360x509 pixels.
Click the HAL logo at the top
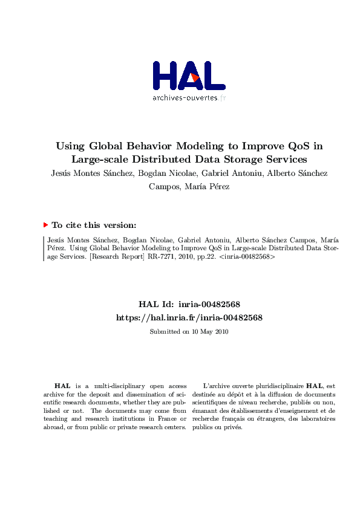189,76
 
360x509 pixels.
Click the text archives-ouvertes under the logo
185,97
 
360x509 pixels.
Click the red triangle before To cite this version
45,225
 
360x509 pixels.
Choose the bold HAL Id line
189,304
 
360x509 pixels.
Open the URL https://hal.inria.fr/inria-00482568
189,317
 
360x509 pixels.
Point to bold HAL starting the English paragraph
62,385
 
